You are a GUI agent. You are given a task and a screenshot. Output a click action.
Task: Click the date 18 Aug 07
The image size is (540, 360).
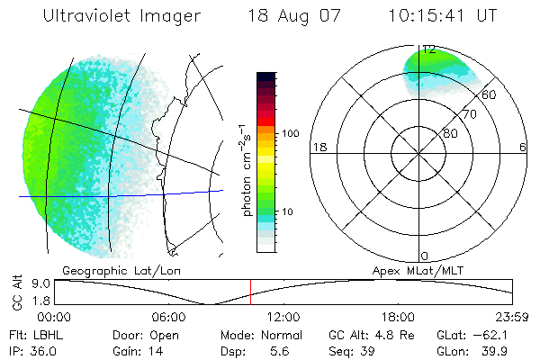(290, 16)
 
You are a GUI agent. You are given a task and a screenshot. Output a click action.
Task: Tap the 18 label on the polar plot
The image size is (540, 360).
(318, 147)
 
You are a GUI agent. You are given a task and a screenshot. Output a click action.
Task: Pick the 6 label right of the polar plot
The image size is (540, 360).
(523, 147)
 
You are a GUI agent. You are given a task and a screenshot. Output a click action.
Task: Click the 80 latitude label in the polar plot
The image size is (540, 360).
(450, 133)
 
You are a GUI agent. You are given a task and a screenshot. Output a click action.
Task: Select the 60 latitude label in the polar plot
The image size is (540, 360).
(490, 94)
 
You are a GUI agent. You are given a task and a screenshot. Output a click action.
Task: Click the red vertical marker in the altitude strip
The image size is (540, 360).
(251, 292)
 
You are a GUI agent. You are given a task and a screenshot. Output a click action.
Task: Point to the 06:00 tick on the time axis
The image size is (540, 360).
(168, 317)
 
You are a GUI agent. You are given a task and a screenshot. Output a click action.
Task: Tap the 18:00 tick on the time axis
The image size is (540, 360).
(399, 317)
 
